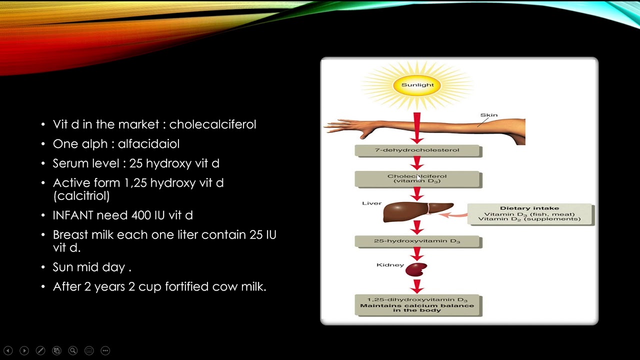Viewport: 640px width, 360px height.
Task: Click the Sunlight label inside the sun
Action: [417, 85]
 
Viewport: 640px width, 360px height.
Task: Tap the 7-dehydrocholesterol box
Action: [417, 150]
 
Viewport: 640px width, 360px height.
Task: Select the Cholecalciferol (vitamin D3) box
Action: [417, 179]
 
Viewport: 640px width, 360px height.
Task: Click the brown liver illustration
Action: [417, 211]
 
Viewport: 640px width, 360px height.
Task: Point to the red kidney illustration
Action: [416, 269]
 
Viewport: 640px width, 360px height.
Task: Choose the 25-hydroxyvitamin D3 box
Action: [417, 241]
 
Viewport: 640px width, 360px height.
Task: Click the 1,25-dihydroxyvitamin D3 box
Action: [417, 305]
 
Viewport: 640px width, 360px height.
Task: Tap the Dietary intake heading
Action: [529, 208]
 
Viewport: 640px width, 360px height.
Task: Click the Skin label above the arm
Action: [489, 115]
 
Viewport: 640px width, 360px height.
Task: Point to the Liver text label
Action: [371, 203]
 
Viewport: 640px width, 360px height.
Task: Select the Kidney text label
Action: [390, 265]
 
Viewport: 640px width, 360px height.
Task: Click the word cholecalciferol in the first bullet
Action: [212, 124]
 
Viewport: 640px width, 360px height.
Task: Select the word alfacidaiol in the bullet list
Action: [148, 143]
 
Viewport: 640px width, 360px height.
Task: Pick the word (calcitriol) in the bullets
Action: [81, 196]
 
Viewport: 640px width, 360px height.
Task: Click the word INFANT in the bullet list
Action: [73, 215]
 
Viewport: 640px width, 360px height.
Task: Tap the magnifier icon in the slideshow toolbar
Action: [73, 350]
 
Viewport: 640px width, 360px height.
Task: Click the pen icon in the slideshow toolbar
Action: [40, 350]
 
